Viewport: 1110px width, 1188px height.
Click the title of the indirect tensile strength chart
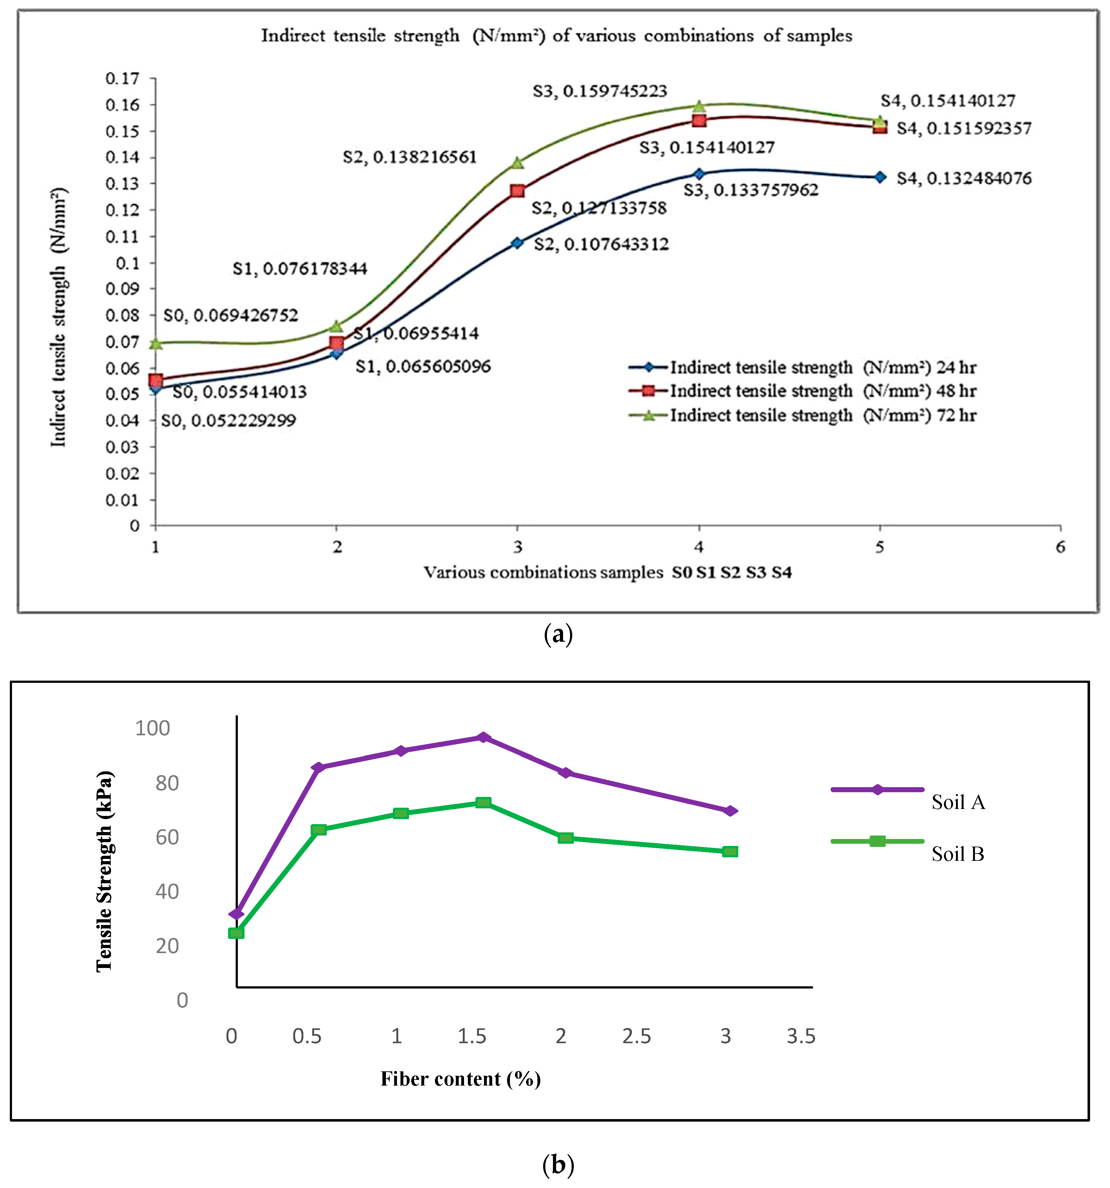pyautogui.click(x=556, y=36)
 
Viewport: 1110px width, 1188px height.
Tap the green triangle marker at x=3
pyautogui.click(x=517, y=162)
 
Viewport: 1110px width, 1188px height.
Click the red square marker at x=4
pyautogui.click(x=698, y=120)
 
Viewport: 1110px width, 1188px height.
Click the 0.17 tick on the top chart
pyautogui.click(x=122, y=78)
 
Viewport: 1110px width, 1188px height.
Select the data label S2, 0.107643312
pyautogui.click(x=601, y=244)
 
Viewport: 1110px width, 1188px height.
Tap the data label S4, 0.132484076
pyautogui.click(x=964, y=178)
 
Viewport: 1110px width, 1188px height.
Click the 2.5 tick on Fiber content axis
pyautogui.click(x=636, y=1036)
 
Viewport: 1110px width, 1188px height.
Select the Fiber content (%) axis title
pyautogui.click(x=461, y=1079)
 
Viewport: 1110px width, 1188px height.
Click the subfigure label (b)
pyautogui.click(x=557, y=1164)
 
